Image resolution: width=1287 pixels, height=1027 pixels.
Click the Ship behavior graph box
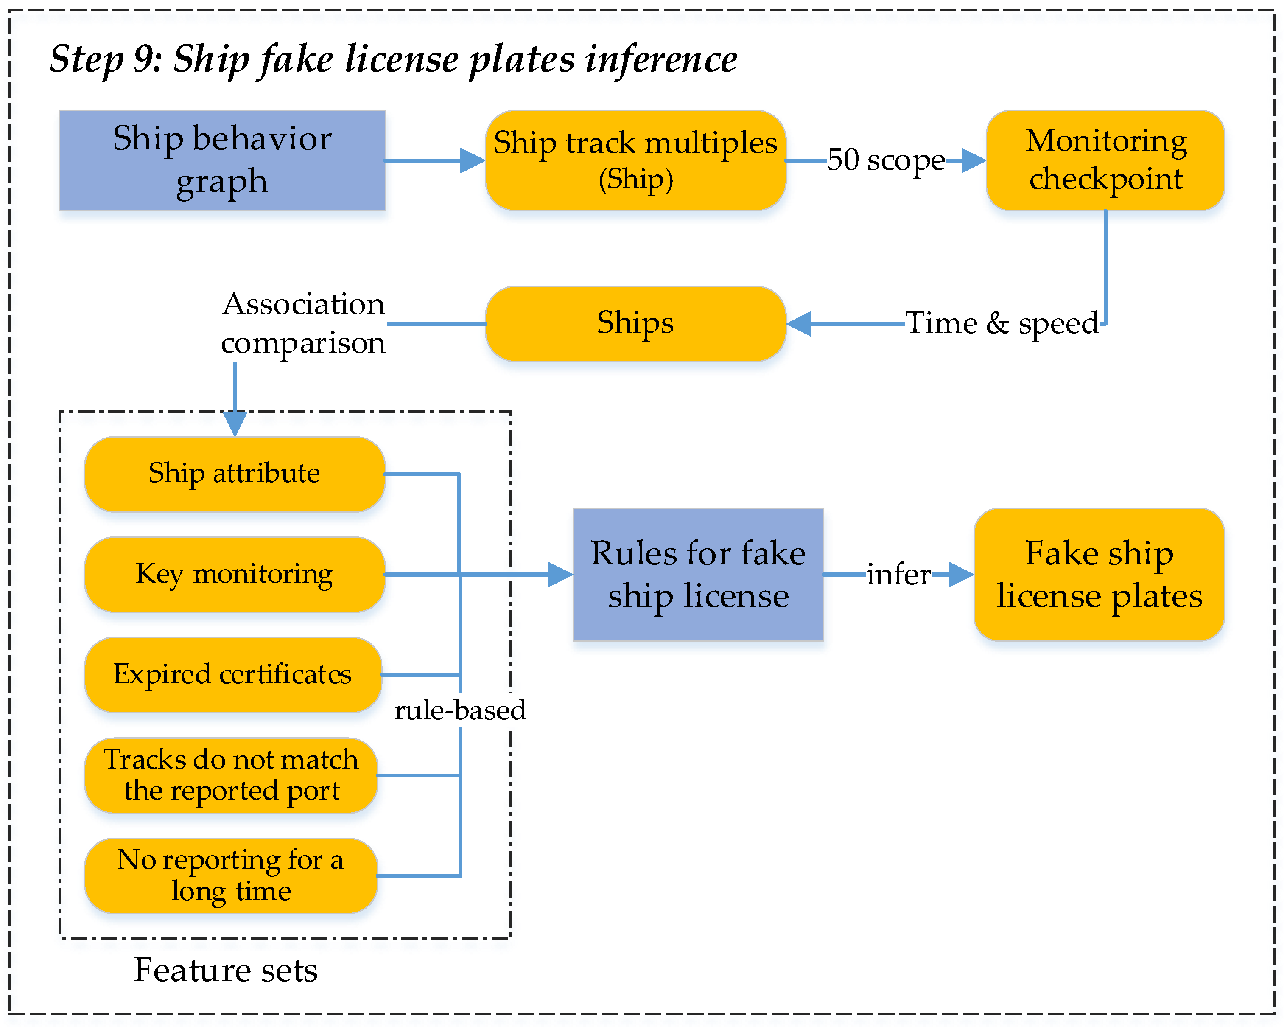tap(222, 160)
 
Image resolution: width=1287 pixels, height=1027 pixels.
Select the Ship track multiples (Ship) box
tap(635, 160)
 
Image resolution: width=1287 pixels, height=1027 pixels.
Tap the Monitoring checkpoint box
tap(1105, 160)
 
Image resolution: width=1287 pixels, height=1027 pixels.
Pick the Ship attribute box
tap(234, 474)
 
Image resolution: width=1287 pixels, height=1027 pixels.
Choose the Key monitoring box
tap(234, 574)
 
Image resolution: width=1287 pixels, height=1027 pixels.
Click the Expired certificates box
tap(233, 674)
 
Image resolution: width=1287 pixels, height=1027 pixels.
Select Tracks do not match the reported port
tap(231, 774)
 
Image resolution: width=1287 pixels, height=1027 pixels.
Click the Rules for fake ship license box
tap(698, 574)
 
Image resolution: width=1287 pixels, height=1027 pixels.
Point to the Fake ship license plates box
tap(1099, 574)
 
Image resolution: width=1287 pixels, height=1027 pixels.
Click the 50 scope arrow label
tap(885, 160)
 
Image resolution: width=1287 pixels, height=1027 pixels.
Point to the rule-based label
tap(460, 710)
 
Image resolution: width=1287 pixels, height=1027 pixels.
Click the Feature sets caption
tap(225, 970)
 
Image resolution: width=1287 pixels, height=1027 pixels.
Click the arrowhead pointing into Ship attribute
tap(235, 424)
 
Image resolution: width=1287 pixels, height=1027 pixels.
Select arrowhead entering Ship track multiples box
tap(472, 160)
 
